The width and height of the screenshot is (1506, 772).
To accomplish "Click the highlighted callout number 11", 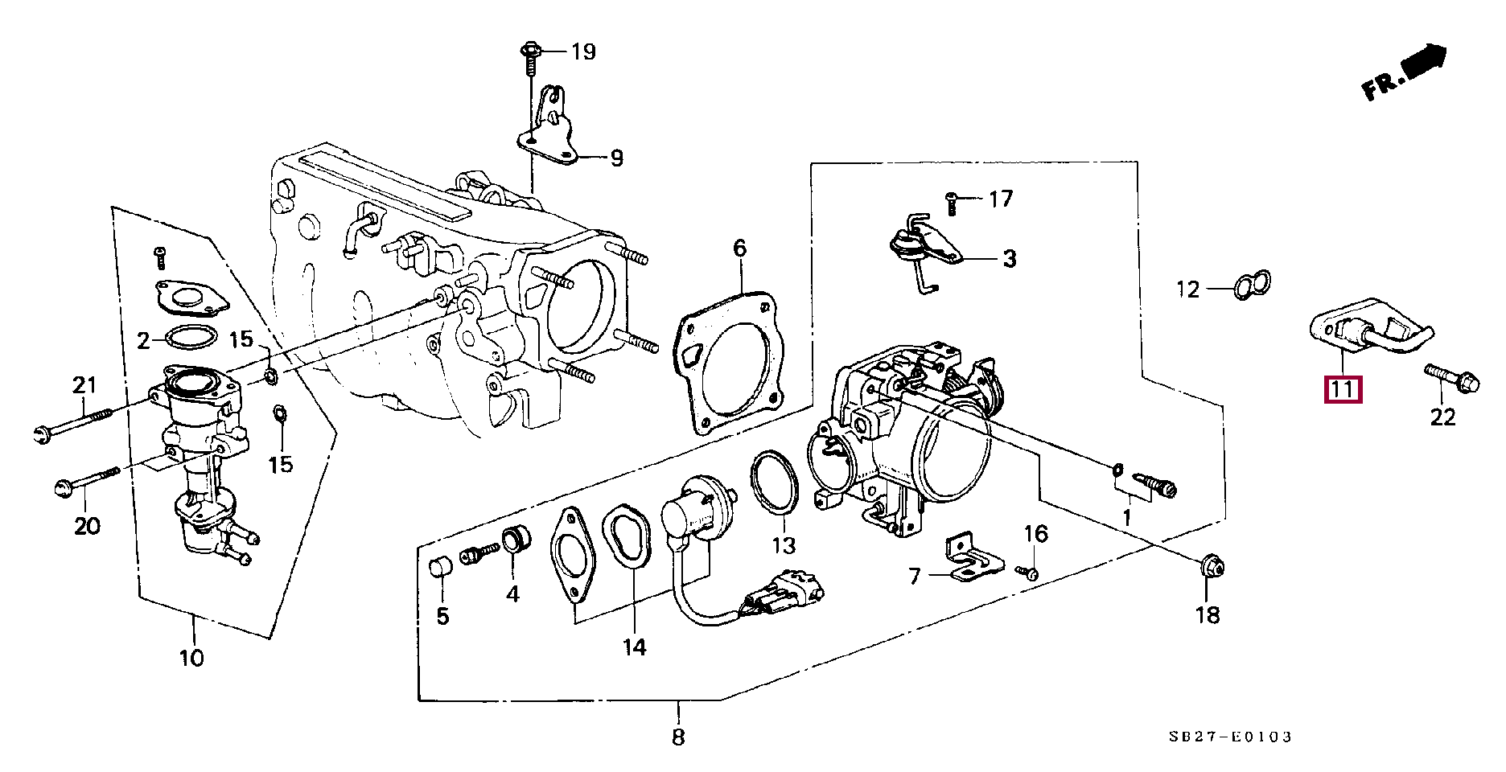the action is point(1343,391).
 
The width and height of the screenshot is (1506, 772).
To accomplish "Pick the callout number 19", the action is point(583,53).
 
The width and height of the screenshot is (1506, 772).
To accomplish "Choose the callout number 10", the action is point(191,658).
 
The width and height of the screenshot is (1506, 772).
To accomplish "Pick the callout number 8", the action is point(677,737).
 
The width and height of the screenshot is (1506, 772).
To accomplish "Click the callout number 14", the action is point(634,646).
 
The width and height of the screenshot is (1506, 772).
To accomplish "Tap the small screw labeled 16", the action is point(1028,572).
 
